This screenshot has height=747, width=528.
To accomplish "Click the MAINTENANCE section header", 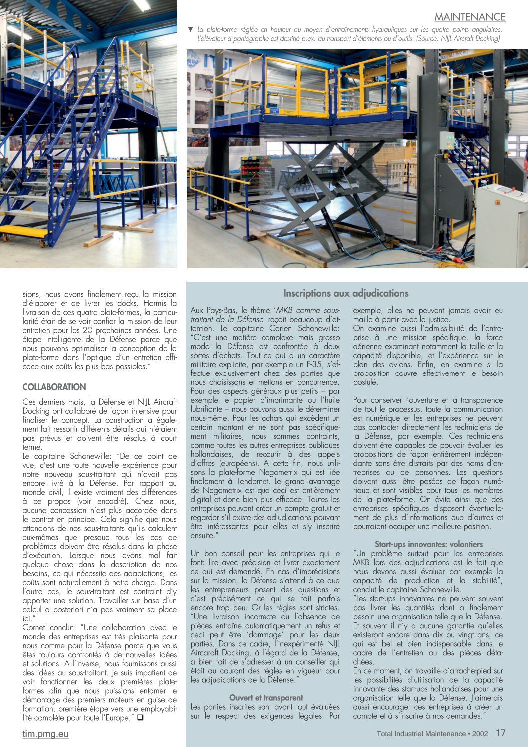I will [x=470, y=17].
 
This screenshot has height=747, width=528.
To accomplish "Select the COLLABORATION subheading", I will [x=54, y=387].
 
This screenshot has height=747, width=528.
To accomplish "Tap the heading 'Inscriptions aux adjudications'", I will [x=346, y=293].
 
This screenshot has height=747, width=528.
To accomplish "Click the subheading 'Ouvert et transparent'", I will [x=266, y=697].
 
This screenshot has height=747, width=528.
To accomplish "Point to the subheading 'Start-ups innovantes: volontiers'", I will [x=429, y=544].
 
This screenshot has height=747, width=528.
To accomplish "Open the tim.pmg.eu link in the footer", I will [x=45, y=734].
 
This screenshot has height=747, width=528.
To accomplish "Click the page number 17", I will [x=501, y=733].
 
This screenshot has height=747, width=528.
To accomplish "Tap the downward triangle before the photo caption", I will [x=190, y=29].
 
